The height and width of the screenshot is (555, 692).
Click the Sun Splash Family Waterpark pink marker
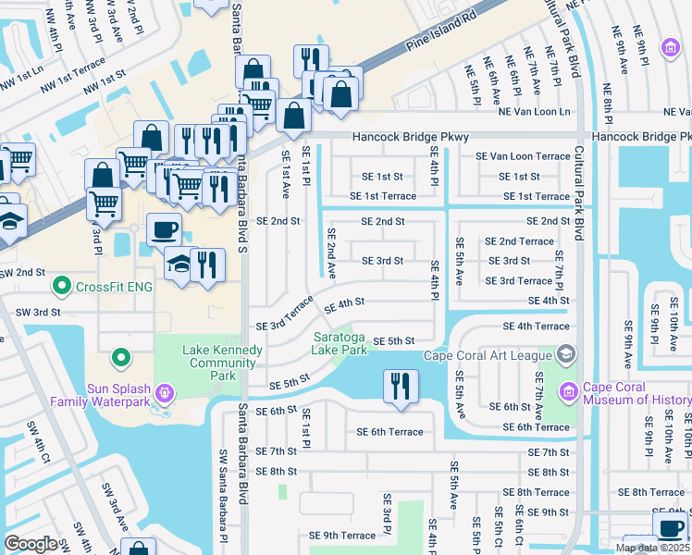pyautogui.click(x=164, y=393)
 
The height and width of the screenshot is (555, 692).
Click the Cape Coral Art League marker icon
pyautogui.click(x=565, y=355)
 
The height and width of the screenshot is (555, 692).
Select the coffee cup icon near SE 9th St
pyautogui.click(x=669, y=527)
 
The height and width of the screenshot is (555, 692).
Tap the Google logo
pyautogui.click(x=31, y=544)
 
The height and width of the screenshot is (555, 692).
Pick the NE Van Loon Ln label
pyautogui.click(x=534, y=112)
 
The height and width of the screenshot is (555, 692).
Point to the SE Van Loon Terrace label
pyautogui.click(x=522, y=156)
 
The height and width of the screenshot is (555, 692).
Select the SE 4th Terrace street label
pyautogui.click(x=536, y=327)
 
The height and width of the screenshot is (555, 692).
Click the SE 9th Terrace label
pyautogui.click(x=342, y=536)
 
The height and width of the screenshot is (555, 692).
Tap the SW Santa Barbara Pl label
pyautogui.click(x=223, y=490)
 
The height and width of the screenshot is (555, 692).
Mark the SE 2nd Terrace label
pyautogui.click(x=519, y=241)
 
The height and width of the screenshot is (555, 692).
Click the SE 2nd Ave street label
pyautogui.click(x=330, y=252)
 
